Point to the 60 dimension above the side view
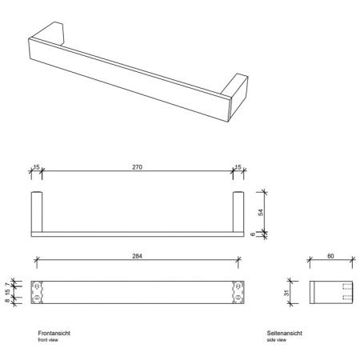(x=331, y=257)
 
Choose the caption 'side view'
(x=278, y=339)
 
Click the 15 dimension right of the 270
(x=238, y=169)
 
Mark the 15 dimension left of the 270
(x=36, y=169)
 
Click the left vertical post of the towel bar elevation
(x=36, y=211)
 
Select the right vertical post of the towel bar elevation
(x=237, y=211)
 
